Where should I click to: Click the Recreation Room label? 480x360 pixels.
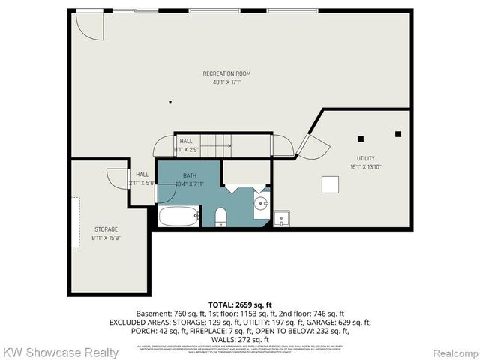(226, 73)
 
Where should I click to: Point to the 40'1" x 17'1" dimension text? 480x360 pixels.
(226, 82)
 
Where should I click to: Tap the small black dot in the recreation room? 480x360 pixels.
(170, 101)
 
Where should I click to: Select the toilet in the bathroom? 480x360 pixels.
(220, 217)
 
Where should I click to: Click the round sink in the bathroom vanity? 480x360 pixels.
(261, 203)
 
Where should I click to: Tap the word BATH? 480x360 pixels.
(189, 175)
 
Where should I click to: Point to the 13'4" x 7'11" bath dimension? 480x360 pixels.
(189, 184)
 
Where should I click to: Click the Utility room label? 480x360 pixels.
(365, 158)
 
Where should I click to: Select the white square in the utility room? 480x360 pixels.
(330, 184)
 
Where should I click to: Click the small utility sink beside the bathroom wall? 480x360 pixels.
(282, 219)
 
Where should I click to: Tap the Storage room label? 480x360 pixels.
(106, 229)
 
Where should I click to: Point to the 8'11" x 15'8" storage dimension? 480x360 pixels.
(106, 238)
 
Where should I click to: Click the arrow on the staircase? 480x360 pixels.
(224, 145)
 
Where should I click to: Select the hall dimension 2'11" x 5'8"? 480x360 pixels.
(142, 182)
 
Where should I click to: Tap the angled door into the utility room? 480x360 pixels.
(312, 145)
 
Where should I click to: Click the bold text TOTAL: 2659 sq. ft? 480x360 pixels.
(239, 304)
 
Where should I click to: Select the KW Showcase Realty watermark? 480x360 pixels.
(60, 352)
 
